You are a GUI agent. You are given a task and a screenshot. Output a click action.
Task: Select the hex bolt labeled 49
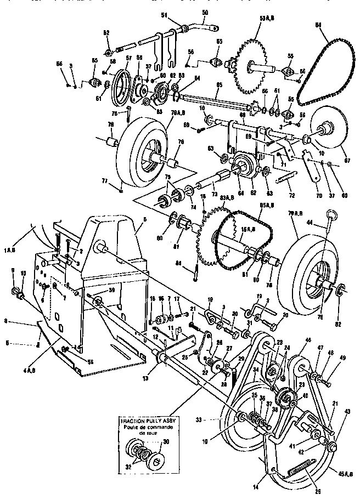(x=325, y=380)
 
